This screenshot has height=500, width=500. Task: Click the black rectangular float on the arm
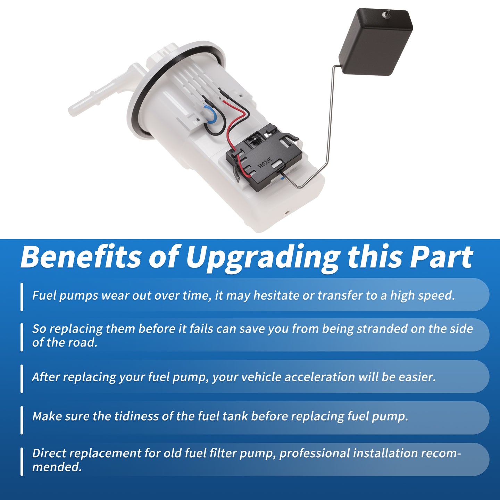tap(375, 42)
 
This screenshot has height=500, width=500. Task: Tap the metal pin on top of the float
tap(387, 14)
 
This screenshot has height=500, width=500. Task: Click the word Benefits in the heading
tap(81, 257)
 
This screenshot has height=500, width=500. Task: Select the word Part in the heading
tap(441, 257)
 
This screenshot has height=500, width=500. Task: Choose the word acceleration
tap(320, 377)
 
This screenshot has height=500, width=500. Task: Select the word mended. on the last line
tap(57, 467)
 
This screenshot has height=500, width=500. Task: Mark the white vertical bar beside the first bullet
tap(22, 297)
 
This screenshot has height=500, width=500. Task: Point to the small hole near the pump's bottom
tap(287, 212)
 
